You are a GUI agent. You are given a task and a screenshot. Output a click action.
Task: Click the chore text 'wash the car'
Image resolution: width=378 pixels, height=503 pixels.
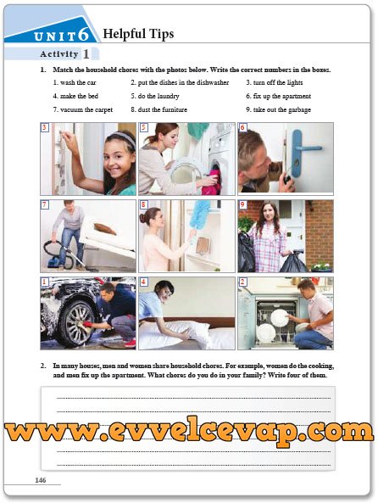point(78,83)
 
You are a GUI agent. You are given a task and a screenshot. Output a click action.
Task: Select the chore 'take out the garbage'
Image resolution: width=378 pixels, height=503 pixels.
point(282,109)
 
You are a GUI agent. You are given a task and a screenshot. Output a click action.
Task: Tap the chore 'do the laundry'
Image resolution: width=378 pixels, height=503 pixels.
point(158,96)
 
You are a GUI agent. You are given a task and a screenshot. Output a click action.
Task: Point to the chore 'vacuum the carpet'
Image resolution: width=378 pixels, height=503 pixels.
point(86,109)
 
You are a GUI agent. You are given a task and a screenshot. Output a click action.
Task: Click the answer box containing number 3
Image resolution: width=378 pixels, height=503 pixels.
point(45,128)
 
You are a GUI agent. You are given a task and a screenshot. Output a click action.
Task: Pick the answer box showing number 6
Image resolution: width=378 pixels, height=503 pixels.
point(242,128)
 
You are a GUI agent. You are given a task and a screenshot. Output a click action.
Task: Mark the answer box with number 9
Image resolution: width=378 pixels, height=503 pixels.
point(242,204)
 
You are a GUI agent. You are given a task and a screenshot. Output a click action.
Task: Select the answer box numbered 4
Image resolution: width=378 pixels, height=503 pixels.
point(143,282)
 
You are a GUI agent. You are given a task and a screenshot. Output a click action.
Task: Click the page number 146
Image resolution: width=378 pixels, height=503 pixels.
point(41,480)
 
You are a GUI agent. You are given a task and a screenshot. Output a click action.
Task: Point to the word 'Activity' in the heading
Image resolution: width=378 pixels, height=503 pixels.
point(59,54)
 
